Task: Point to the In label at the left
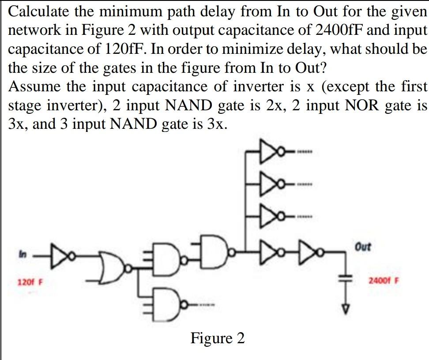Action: pos(21,254)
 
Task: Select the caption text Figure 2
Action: pos(217,338)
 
